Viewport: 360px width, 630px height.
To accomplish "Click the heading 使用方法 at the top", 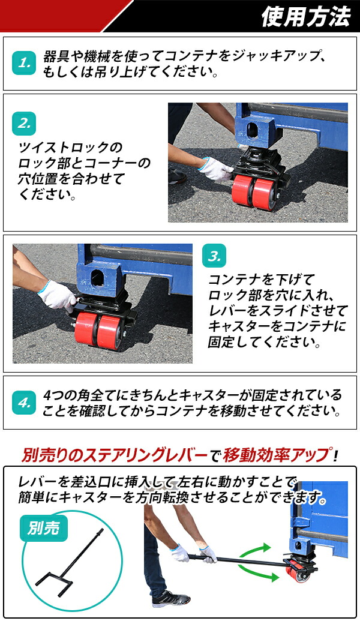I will pos(305,16).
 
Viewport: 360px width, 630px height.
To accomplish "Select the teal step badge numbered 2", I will pos(24,124).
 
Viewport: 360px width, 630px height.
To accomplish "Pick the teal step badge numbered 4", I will pos(24,403).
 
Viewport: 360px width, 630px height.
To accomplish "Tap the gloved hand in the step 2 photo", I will pos(215,169).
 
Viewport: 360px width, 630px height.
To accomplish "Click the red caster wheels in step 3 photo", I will pos(98,329).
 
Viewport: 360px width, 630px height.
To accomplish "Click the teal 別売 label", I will pos(44,528).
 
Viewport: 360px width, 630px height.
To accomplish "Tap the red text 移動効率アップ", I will pos(275,455).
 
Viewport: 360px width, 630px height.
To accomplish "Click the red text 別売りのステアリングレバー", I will pos(115,455).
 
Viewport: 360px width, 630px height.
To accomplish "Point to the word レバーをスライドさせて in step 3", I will pos(277,311).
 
